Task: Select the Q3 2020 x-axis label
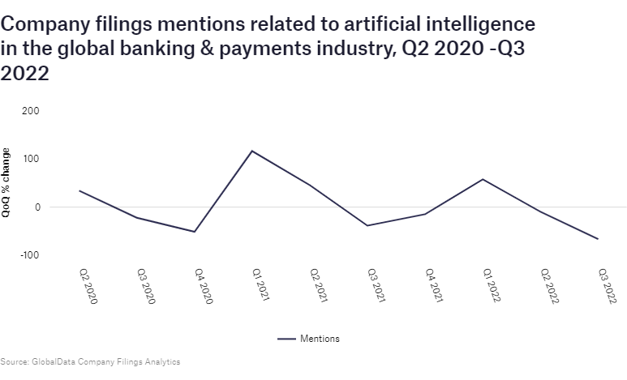tap(146, 286)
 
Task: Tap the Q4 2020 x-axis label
tap(204, 286)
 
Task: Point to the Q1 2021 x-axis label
tap(261, 285)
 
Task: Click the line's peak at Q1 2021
tap(252, 151)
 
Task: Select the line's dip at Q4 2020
tap(195, 232)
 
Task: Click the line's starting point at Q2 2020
tap(79, 191)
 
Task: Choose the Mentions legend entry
tap(308, 339)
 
